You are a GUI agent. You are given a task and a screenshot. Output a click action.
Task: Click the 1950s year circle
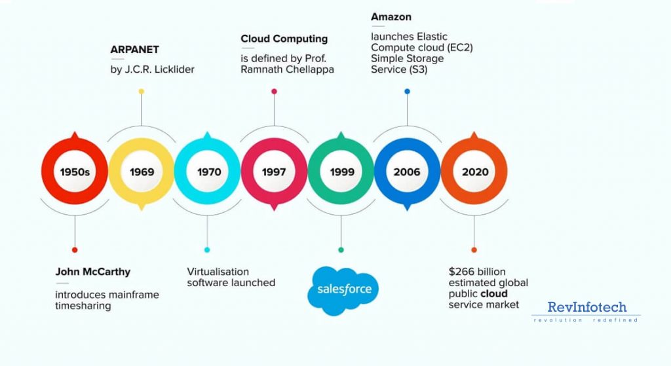coord(75,172)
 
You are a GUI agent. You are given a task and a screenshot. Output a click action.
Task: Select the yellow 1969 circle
coord(142,172)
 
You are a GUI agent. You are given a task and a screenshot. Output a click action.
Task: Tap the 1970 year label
coord(208,172)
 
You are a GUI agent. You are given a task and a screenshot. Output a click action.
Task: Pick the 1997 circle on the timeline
coord(274,172)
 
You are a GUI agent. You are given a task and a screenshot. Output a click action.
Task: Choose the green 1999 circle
coord(341,172)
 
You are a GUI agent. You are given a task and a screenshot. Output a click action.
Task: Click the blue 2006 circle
coord(407,172)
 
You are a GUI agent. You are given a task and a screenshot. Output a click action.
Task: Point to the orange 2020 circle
coord(474,172)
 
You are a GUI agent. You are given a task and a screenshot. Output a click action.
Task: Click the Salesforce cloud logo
coord(343,289)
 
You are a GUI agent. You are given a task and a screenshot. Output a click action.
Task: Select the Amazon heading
coord(391,16)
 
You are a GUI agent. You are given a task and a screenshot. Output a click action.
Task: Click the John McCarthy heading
coord(92,272)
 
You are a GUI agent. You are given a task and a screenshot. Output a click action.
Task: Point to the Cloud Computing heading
coord(284,39)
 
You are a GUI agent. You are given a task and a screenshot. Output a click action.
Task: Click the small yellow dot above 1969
coord(141,92)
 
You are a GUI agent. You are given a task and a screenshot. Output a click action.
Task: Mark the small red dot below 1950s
coord(75,249)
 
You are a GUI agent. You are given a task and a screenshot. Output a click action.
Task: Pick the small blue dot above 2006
coord(407,92)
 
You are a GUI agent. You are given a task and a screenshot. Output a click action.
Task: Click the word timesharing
coord(83,306)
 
